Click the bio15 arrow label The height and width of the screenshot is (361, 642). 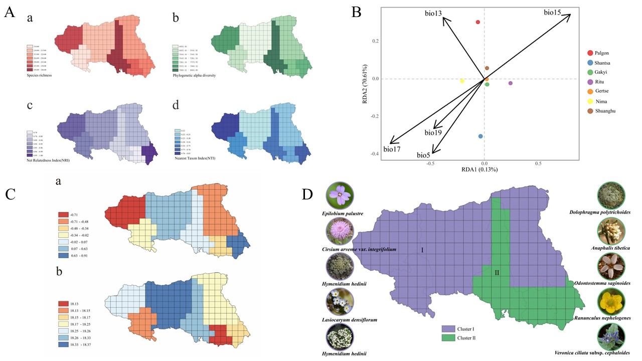pyautogui.click(x=552, y=12)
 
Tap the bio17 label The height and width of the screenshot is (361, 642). pyautogui.click(x=393, y=149)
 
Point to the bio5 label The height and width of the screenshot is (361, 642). pyautogui.click(x=424, y=155)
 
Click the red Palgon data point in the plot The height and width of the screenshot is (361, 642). pyautogui.click(x=478, y=22)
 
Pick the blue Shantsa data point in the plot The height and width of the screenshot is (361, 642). pyautogui.click(x=480, y=136)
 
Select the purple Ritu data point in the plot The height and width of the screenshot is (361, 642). pyautogui.click(x=511, y=83)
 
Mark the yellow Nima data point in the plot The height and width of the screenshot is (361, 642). pyautogui.click(x=462, y=81)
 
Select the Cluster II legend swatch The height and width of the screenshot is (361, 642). pyautogui.click(x=448, y=338)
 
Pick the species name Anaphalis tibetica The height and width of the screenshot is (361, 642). pyautogui.click(x=610, y=248)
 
